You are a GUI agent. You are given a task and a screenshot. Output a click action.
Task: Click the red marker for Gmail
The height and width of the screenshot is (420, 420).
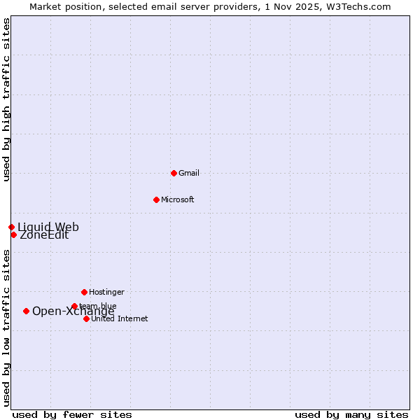(x=174, y=173)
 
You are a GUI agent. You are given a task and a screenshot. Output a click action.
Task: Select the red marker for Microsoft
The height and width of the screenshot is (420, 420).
(x=156, y=199)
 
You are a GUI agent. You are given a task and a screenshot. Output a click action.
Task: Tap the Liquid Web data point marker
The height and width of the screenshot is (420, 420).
(x=11, y=227)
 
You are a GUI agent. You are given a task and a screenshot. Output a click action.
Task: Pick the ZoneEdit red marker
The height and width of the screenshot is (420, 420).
(x=13, y=234)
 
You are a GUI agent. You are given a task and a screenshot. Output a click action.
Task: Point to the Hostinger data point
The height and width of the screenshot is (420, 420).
(x=84, y=292)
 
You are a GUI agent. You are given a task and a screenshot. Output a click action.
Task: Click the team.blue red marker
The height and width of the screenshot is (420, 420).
(x=74, y=306)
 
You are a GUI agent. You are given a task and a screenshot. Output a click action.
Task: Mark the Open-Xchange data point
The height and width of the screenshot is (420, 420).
(x=26, y=311)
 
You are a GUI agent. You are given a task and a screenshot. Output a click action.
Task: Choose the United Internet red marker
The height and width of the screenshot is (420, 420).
(x=86, y=318)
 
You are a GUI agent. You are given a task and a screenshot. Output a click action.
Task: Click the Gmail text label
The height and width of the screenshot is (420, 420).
(x=189, y=173)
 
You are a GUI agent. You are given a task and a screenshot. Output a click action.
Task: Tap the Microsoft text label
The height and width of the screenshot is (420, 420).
(x=178, y=199)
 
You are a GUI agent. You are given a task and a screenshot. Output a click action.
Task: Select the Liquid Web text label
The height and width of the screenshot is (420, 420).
(x=48, y=227)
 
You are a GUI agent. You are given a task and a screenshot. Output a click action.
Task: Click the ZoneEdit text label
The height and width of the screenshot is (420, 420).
(x=44, y=235)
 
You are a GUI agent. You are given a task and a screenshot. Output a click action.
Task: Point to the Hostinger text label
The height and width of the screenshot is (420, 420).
(x=106, y=292)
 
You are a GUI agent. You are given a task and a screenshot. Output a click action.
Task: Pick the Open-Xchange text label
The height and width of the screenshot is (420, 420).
(x=73, y=311)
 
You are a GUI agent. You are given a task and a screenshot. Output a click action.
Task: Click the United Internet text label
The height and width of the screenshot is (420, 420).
(x=120, y=318)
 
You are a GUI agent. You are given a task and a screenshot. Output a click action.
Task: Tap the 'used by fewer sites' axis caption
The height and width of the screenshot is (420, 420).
(x=72, y=414)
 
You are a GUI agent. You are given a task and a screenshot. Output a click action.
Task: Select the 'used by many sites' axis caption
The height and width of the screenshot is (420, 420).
(x=351, y=414)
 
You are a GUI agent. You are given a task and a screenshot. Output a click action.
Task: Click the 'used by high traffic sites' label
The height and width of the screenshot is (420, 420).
(x=6, y=99)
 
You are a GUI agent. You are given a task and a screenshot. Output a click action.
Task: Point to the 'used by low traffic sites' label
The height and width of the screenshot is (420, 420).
(x=6, y=328)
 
